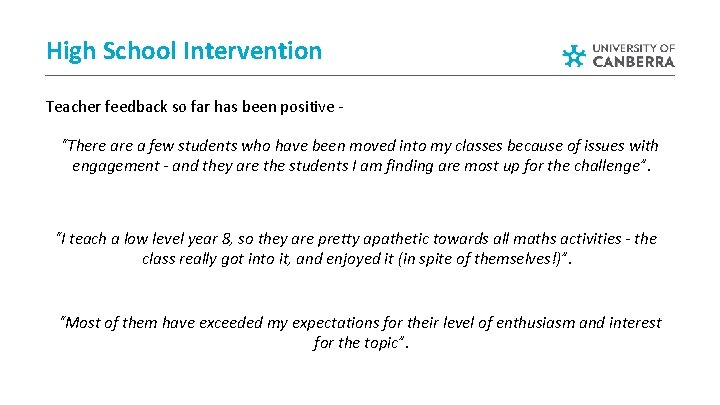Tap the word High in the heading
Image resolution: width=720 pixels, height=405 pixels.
pyautogui.click(x=70, y=50)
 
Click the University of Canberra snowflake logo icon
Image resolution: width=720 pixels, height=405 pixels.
pyautogui.click(x=573, y=56)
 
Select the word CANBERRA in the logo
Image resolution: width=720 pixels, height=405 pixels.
pyautogui.click(x=634, y=61)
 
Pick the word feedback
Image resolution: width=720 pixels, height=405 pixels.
pyautogui.click(x=138, y=105)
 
